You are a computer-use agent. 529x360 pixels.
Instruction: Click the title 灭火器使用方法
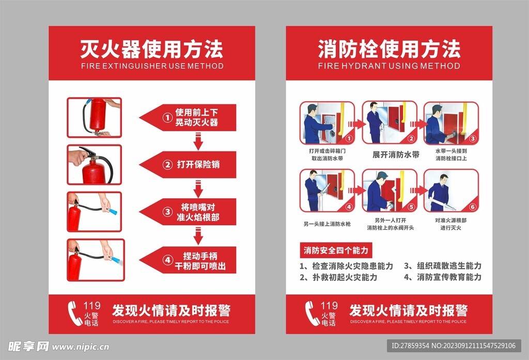(151, 50)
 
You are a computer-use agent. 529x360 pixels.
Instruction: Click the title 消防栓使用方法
(388, 50)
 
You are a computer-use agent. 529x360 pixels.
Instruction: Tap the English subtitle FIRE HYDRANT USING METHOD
(388, 66)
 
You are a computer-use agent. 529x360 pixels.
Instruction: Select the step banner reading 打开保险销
(191, 165)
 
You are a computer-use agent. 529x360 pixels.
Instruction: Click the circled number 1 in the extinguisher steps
(167, 118)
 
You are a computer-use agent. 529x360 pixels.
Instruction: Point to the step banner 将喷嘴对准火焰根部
(191, 212)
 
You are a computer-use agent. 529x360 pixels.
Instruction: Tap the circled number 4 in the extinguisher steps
(167, 260)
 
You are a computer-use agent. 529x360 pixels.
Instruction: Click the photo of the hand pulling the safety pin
(95, 165)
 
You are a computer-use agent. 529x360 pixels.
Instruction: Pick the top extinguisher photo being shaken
(95, 117)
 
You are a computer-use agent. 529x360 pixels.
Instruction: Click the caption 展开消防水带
(396, 154)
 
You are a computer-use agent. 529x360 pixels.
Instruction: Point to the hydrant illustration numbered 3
(451, 123)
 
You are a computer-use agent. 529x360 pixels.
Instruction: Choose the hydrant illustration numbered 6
(451, 191)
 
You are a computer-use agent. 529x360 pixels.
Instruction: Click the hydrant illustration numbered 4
(328, 191)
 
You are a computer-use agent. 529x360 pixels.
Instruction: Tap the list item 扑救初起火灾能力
(338, 277)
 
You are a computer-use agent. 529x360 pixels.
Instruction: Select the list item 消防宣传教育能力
(443, 277)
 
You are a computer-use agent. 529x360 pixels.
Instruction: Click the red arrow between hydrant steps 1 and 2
(358, 124)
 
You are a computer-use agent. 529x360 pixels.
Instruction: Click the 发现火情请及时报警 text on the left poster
(171, 310)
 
